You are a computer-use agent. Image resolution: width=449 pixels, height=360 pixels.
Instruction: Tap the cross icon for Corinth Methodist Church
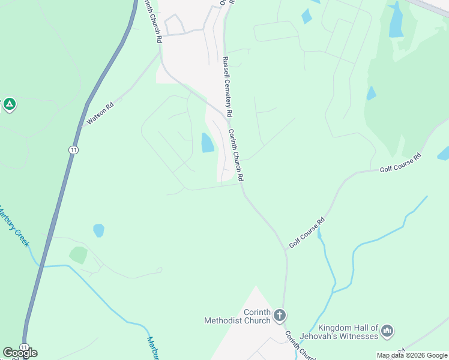pos(279,315)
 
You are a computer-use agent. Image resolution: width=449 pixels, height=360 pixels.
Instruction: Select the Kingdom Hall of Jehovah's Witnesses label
pos(348,332)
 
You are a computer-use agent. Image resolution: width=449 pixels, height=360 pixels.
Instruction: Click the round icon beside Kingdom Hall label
pos(387,331)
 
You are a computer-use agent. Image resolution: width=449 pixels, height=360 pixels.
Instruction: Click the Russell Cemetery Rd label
pos(226,87)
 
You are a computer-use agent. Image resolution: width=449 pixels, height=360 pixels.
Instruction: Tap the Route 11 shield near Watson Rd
pos(73,149)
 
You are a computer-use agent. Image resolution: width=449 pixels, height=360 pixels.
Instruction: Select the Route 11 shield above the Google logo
pos(23,347)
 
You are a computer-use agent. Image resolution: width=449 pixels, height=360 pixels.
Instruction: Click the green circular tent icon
pos(9,105)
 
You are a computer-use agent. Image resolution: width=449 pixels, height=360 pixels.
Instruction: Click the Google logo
pos(20,353)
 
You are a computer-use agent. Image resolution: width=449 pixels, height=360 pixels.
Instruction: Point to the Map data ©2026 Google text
pos(412,355)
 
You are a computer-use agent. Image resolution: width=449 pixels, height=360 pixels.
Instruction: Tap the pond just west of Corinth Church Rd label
pos(207,143)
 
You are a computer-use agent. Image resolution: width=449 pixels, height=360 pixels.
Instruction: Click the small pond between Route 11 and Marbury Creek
pos(98,230)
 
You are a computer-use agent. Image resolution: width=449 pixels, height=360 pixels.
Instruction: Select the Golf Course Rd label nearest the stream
pos(307,232)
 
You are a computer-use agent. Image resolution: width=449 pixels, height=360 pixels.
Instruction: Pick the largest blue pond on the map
pos(396,22)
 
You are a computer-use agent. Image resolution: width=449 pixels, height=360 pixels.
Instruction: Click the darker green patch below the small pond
pos(78,254)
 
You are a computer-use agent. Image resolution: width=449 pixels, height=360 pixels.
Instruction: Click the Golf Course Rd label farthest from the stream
pos(400,163)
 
